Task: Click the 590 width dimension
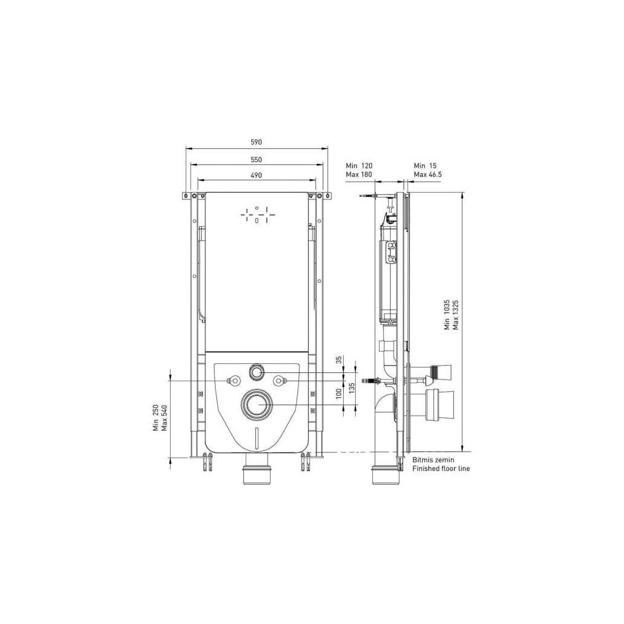[x=257, y=142]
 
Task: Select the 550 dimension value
[x=257, y=160]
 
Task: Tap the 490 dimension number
[x=257, y=175]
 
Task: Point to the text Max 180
[x=359, y=174]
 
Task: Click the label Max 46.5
[x=427, y=174]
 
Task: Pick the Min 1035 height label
[x=447, y=315]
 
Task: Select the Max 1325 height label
[x=456, y=315]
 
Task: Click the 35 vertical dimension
[x=339, y=360]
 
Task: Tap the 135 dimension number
[x=352, y=388]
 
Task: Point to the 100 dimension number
[x=339, y=394]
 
